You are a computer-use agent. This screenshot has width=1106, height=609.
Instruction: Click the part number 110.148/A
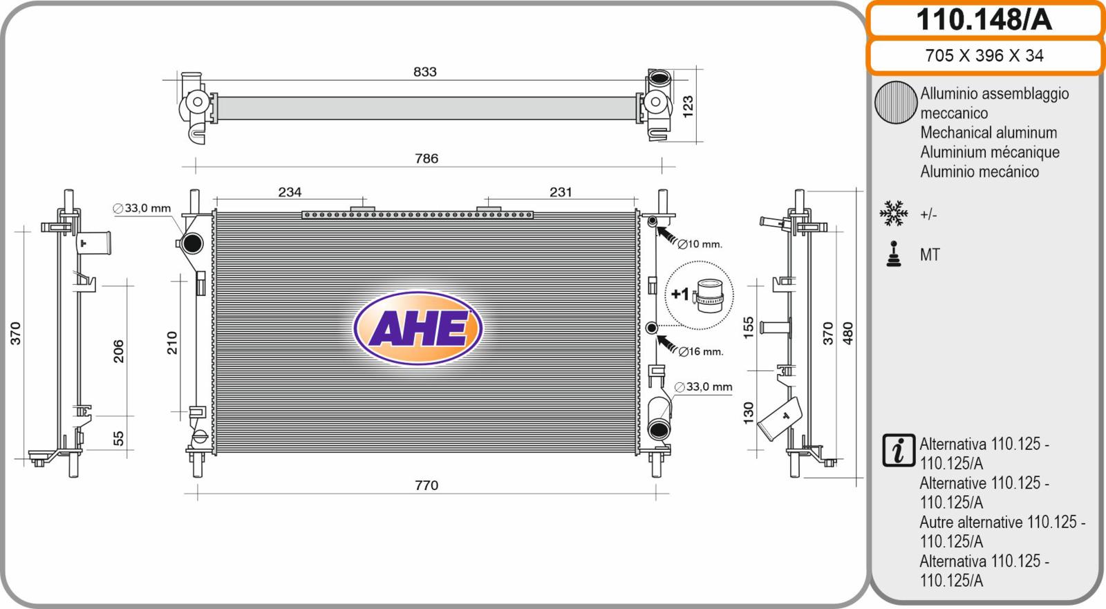[x=984, y=20]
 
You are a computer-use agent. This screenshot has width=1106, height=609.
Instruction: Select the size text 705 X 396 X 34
[x=984, y=55]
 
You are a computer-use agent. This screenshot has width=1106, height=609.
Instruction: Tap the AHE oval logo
[x=418, y=328]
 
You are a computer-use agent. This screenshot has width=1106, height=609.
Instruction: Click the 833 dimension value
[x=424, y=72]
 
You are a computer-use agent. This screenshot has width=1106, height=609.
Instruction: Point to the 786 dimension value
[x=426, y=158]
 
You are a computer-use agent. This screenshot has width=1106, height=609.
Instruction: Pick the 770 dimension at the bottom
[x=426, y=485]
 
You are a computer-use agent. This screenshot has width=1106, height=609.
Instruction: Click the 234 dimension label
[x=290, y=192]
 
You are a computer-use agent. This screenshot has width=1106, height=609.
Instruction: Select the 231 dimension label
[x=561, y=192]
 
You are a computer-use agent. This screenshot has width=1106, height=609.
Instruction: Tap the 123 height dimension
[x=687, y=106]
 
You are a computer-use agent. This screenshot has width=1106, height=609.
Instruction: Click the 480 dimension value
[x=847, y=333]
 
